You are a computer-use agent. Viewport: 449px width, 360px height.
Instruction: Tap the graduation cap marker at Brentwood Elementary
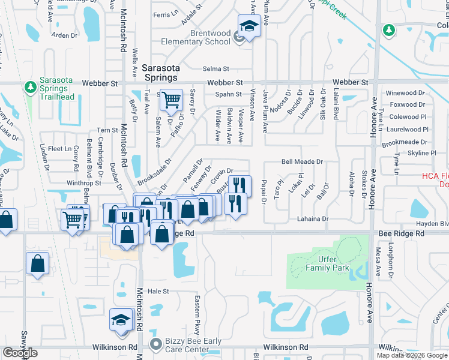248,26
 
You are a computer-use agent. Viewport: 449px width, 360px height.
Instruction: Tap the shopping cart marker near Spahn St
172,100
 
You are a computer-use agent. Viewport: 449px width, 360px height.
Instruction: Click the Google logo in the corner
20,353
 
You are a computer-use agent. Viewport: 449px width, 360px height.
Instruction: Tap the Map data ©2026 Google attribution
412,355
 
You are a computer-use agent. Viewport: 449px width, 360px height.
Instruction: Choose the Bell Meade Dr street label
302,162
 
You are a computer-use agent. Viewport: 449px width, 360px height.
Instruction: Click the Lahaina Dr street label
313,220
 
